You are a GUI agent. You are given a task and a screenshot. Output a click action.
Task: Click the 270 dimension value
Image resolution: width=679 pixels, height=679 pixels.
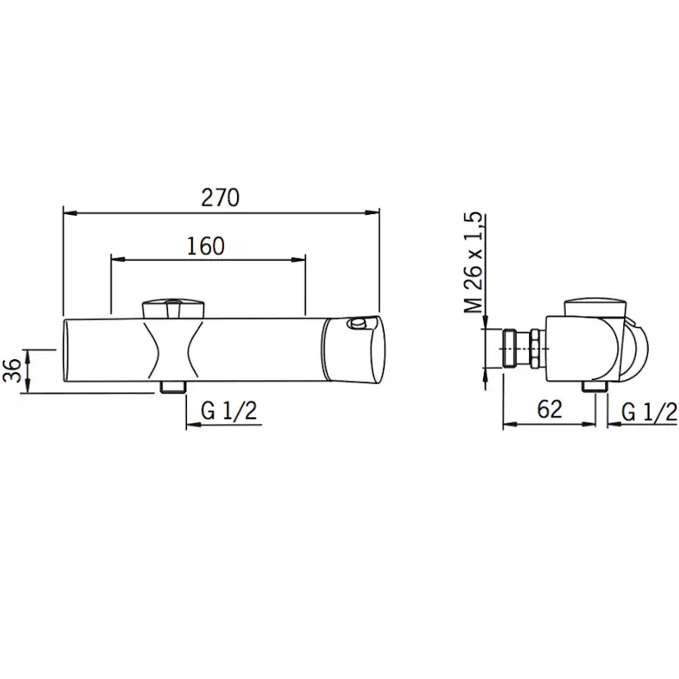click(x=220, y=198)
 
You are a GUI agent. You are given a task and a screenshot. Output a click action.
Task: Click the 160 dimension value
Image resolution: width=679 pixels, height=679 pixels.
click(x=206, y=246)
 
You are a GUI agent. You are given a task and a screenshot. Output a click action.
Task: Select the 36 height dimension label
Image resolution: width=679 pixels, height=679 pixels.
click(x=12, y=371)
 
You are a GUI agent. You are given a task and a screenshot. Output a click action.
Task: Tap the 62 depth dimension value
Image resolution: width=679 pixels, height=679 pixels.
click(x=549, y=409)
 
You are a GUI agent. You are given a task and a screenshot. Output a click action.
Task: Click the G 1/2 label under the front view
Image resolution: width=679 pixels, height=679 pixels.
click(x=229, y=411)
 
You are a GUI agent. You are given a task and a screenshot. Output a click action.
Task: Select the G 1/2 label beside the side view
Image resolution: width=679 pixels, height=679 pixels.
click(x=649, y=412)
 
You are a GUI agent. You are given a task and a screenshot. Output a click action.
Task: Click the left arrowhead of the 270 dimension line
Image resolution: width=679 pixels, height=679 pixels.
click(x=71, y=212)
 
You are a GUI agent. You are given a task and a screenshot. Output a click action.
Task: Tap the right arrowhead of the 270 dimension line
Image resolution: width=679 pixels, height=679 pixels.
click(x=372, y=212)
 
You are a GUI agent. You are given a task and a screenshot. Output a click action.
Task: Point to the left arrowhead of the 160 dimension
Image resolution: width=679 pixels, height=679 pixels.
click(x=118, y=260)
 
